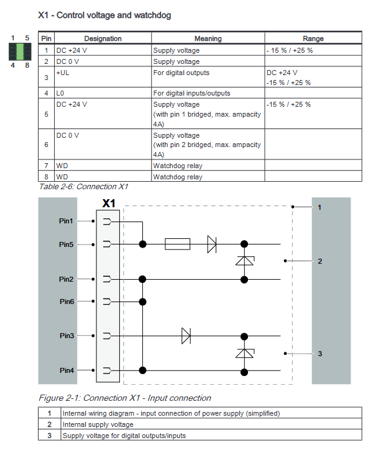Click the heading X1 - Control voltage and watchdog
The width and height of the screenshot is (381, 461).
pos(104,14)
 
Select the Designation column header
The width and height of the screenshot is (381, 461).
pos(103,38)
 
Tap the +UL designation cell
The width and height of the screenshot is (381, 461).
pos(65,73)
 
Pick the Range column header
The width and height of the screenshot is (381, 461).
pos(313,38)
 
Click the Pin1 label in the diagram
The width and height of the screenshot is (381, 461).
pos(66,221)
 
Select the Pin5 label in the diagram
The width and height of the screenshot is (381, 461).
pos(66,244)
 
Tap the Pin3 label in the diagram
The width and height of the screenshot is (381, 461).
pos(66,336)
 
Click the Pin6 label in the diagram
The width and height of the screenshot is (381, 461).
pos(66,302)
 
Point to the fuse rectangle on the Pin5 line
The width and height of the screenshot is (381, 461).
pos(177,244)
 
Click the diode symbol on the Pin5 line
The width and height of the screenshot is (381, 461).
pos(211,244)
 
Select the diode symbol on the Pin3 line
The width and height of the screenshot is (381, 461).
pos(186,336)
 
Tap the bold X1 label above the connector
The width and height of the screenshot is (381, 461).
pos(109,204)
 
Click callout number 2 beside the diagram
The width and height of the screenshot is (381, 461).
pos(319,261)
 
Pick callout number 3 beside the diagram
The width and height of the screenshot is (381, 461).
pos(319,354)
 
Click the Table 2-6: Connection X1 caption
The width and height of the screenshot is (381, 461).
pos(83,186)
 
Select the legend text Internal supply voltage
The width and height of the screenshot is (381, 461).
pos(98,424)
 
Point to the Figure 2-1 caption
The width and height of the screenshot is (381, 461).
pos(125,398)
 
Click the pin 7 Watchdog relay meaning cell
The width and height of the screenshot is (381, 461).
pos(178,166)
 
